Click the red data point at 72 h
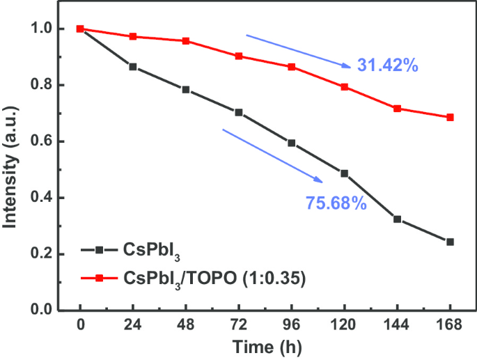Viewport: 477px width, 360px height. pyautogui.click(x=239, y=56)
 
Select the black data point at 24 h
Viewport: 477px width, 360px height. pyautogui.click(x=133, y=67)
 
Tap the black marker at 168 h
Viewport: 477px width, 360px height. pyautogui.click(x=450, y=242)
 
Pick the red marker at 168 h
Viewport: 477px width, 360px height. pyautogui.click(x=450, y=117)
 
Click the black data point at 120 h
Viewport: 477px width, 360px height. pyautogui.click(x=344, y=173)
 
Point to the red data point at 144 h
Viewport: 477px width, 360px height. pyautogui.click(x=397, y=109)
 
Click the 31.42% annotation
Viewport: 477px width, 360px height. pyautogui.click(x=387, y=66)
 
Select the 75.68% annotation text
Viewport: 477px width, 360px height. pyautogui.click(x=336, y=203)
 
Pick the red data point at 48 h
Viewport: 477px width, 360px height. pyautogui.click(x=186, y=41)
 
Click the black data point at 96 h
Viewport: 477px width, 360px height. pyautogui.click(x=291, y=143)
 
